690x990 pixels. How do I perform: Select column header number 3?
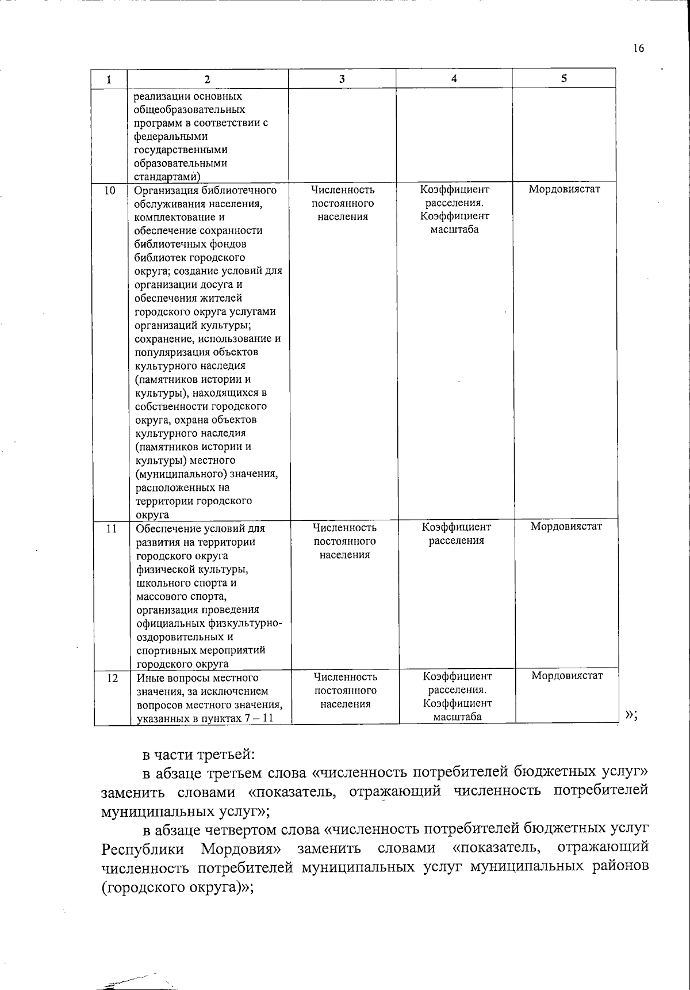(342, 79)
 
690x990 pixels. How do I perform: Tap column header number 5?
(564, 78)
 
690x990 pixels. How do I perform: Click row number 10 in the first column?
(110, 191)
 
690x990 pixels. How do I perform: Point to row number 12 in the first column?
(112, 678)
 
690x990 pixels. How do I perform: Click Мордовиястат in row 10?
(564, 189)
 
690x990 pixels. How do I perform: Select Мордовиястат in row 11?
(566, 527)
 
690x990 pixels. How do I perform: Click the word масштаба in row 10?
(454, 230)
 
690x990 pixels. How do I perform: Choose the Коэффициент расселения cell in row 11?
(457, 534)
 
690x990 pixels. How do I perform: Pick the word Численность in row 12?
(346, 677)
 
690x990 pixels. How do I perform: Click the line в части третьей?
(198, 754)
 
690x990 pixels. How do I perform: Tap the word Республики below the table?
(143, 850)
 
